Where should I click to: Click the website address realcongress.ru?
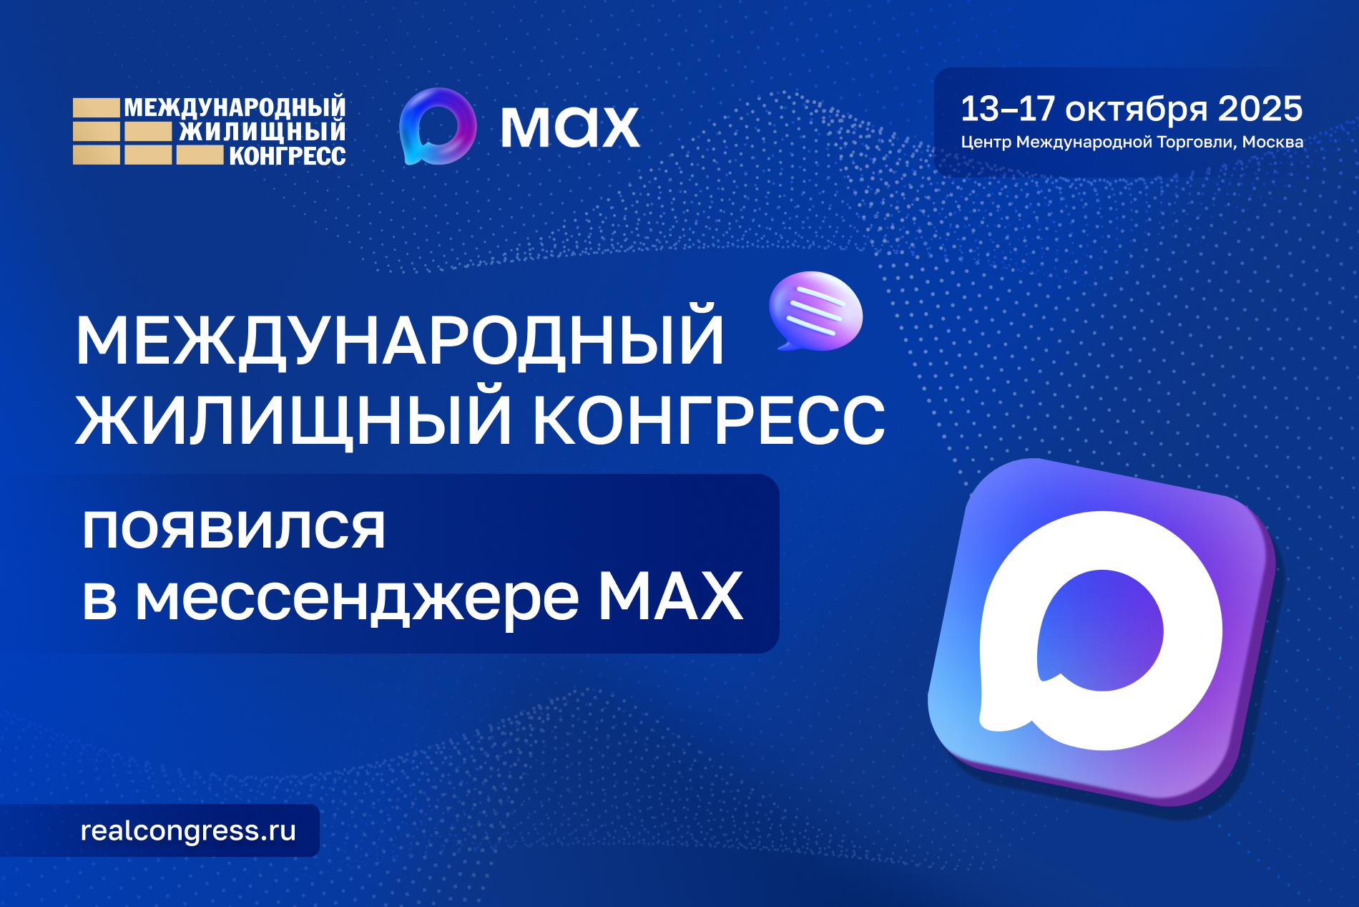point(188,830)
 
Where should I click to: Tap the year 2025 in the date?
point(1260,109)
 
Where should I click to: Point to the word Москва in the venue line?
point(1272,142)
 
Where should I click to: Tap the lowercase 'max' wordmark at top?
point(570,127)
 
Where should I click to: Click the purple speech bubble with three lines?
point(816,311)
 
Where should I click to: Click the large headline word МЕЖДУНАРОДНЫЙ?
point(399,341)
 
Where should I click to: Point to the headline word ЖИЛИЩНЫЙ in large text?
point(293,420)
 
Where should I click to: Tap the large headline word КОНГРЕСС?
point(709,420)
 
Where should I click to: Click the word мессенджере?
point(356,598)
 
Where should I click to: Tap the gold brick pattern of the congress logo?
point(122,132)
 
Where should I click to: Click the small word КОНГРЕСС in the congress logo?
point(287,156)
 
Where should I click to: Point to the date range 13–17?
point(1007,109)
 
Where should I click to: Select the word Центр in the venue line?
point(986,142)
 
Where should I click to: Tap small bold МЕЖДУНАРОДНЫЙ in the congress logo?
point(235,107)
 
